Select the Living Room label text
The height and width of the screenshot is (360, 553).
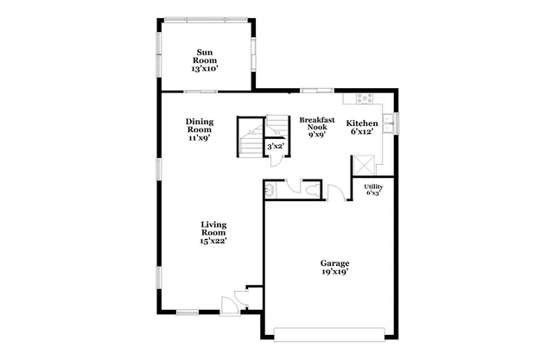pyautogui.click(x=213, y=229)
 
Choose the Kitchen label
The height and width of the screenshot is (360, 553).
pyautogui.click(x=362, y=123)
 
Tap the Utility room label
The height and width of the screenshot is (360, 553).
pyautogui.click(x=373, y=186)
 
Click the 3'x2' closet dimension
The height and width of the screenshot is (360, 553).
pyautogui.click(x=276, y=148)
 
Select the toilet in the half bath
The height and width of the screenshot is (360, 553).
pyautogui.click(x=270, y=189)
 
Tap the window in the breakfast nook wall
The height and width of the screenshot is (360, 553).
pyautogui.click(x=316, y=90)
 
